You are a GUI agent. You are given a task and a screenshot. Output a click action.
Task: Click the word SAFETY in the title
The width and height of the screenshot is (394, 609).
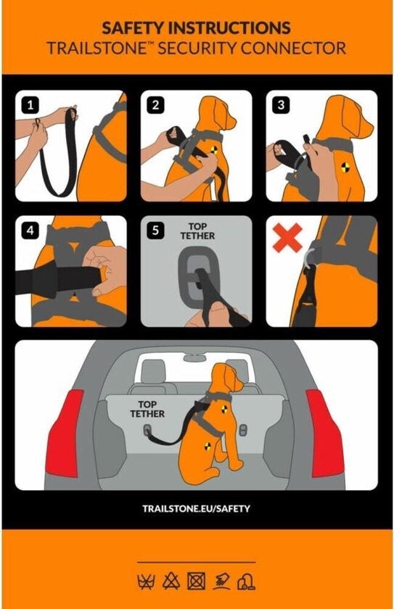click(134, 28)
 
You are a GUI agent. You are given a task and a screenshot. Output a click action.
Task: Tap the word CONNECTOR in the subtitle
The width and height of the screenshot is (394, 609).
click(293, 49)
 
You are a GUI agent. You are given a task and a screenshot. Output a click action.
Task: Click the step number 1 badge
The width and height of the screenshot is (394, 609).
click(30, 105)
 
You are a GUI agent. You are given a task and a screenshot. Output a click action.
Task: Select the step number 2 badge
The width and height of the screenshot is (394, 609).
click(156, 105)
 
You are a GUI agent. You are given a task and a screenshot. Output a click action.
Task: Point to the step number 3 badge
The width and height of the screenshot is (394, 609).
click(282, 105)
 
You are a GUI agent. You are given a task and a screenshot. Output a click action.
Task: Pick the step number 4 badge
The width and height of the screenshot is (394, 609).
click(30, 231)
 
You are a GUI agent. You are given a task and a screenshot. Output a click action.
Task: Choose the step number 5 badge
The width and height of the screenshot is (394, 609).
click(156, 231)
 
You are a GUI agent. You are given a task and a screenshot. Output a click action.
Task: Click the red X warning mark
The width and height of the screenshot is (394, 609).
click(287, 237)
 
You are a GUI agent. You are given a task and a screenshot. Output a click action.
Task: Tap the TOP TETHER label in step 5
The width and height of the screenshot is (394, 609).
click(197, 231)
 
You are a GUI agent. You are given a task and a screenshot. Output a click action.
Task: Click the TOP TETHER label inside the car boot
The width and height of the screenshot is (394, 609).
click(147, 410)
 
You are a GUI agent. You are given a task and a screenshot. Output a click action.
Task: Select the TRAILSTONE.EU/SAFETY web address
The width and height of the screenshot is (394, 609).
click(196, 509)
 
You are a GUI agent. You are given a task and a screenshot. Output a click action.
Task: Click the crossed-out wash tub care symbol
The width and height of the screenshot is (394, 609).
click(146, 581)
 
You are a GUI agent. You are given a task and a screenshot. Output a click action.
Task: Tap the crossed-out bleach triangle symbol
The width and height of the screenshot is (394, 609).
click(171, 581)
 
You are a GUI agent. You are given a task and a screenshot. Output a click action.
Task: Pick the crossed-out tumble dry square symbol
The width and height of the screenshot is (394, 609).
click(197, 581)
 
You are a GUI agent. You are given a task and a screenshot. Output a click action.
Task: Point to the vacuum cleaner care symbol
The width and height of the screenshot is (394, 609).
click(247, 582)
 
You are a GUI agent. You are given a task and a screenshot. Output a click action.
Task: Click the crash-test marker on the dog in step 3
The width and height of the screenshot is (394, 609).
click(345, 167)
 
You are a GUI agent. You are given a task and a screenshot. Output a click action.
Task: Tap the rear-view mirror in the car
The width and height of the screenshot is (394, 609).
click(197, 357)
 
